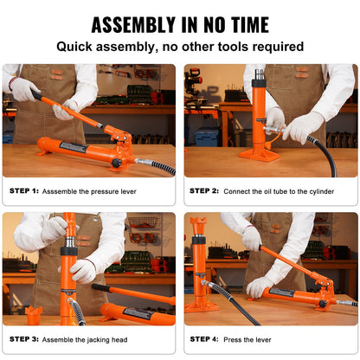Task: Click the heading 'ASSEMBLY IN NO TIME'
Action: click(x=179, y=24)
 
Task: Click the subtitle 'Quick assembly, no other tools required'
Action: click(x=179, y=47)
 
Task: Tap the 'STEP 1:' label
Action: click(x=25, y=190)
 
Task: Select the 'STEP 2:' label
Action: click(x=205, y=190)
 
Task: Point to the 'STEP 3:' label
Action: click(x=25, y=338)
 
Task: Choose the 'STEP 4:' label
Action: click(x=205, y=338)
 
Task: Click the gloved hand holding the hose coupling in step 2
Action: click(x=303, y=127)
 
